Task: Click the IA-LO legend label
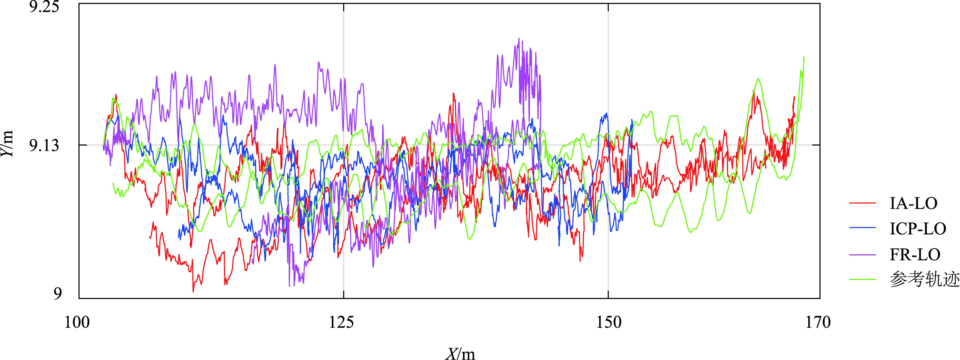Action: [x=913, y=203]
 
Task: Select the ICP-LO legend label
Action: [x=917, y=229]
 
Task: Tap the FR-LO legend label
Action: [x=915, y=255]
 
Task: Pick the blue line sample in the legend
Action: [x=862, y=229]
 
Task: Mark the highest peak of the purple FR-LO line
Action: [x=518, y=38]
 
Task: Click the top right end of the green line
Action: [x=804, y=57]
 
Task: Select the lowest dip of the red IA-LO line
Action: [x=193, y=291]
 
